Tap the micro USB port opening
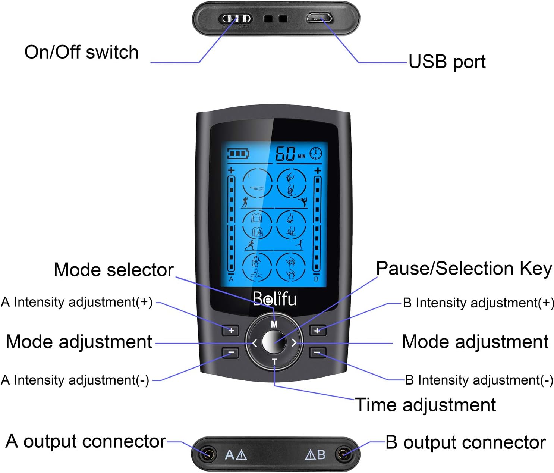point(320,18)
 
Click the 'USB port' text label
point(447,62)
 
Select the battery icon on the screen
point(238,154)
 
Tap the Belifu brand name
point(274,299)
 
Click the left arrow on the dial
point(255,343)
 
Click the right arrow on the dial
point(294,343)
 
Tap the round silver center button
point(274,342)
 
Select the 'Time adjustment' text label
point(425,405)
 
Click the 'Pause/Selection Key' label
point(463,269)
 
